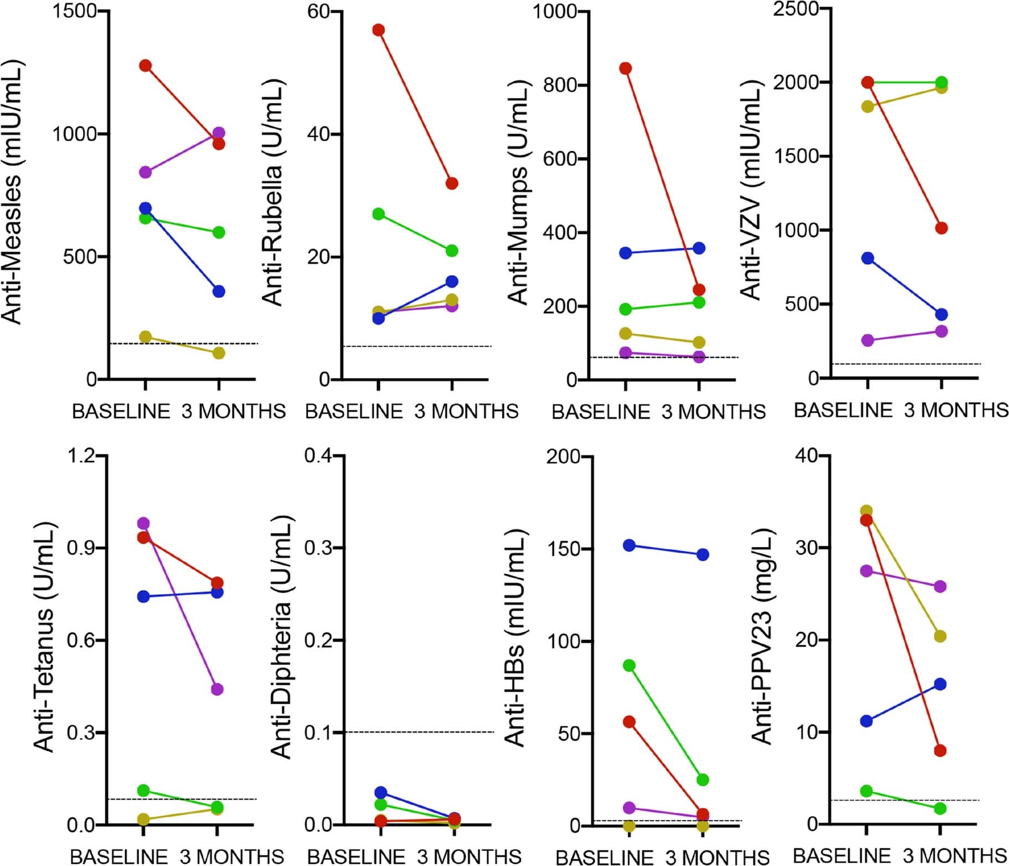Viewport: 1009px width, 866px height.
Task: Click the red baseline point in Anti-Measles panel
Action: tap(145, 65)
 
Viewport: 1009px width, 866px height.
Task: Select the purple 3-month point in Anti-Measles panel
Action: tap(219, 133)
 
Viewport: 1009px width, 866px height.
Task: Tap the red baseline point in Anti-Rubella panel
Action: tap(379, 30)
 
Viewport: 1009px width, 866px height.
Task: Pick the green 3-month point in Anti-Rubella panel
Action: tap(452, 251)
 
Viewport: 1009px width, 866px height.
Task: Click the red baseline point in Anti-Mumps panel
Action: tap(625, 68)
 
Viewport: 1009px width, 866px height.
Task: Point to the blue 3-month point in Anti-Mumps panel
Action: tap(699, 248)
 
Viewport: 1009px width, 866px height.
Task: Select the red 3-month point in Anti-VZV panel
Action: tap(941, 228)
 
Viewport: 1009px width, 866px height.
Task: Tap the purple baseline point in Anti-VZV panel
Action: tap(868, 340)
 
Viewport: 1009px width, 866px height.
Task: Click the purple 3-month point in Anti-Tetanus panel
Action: tap(217, 689)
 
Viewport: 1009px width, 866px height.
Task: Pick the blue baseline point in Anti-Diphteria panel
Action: tap(381, 792)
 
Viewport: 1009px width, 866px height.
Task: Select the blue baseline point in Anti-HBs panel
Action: tap(629, 545)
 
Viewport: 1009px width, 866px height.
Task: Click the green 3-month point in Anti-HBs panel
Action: tap(702, 780)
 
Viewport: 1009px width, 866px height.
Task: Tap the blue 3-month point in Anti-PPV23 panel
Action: tap(940, 684)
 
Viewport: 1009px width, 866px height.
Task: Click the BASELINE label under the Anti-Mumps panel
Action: tap(600, 412)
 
